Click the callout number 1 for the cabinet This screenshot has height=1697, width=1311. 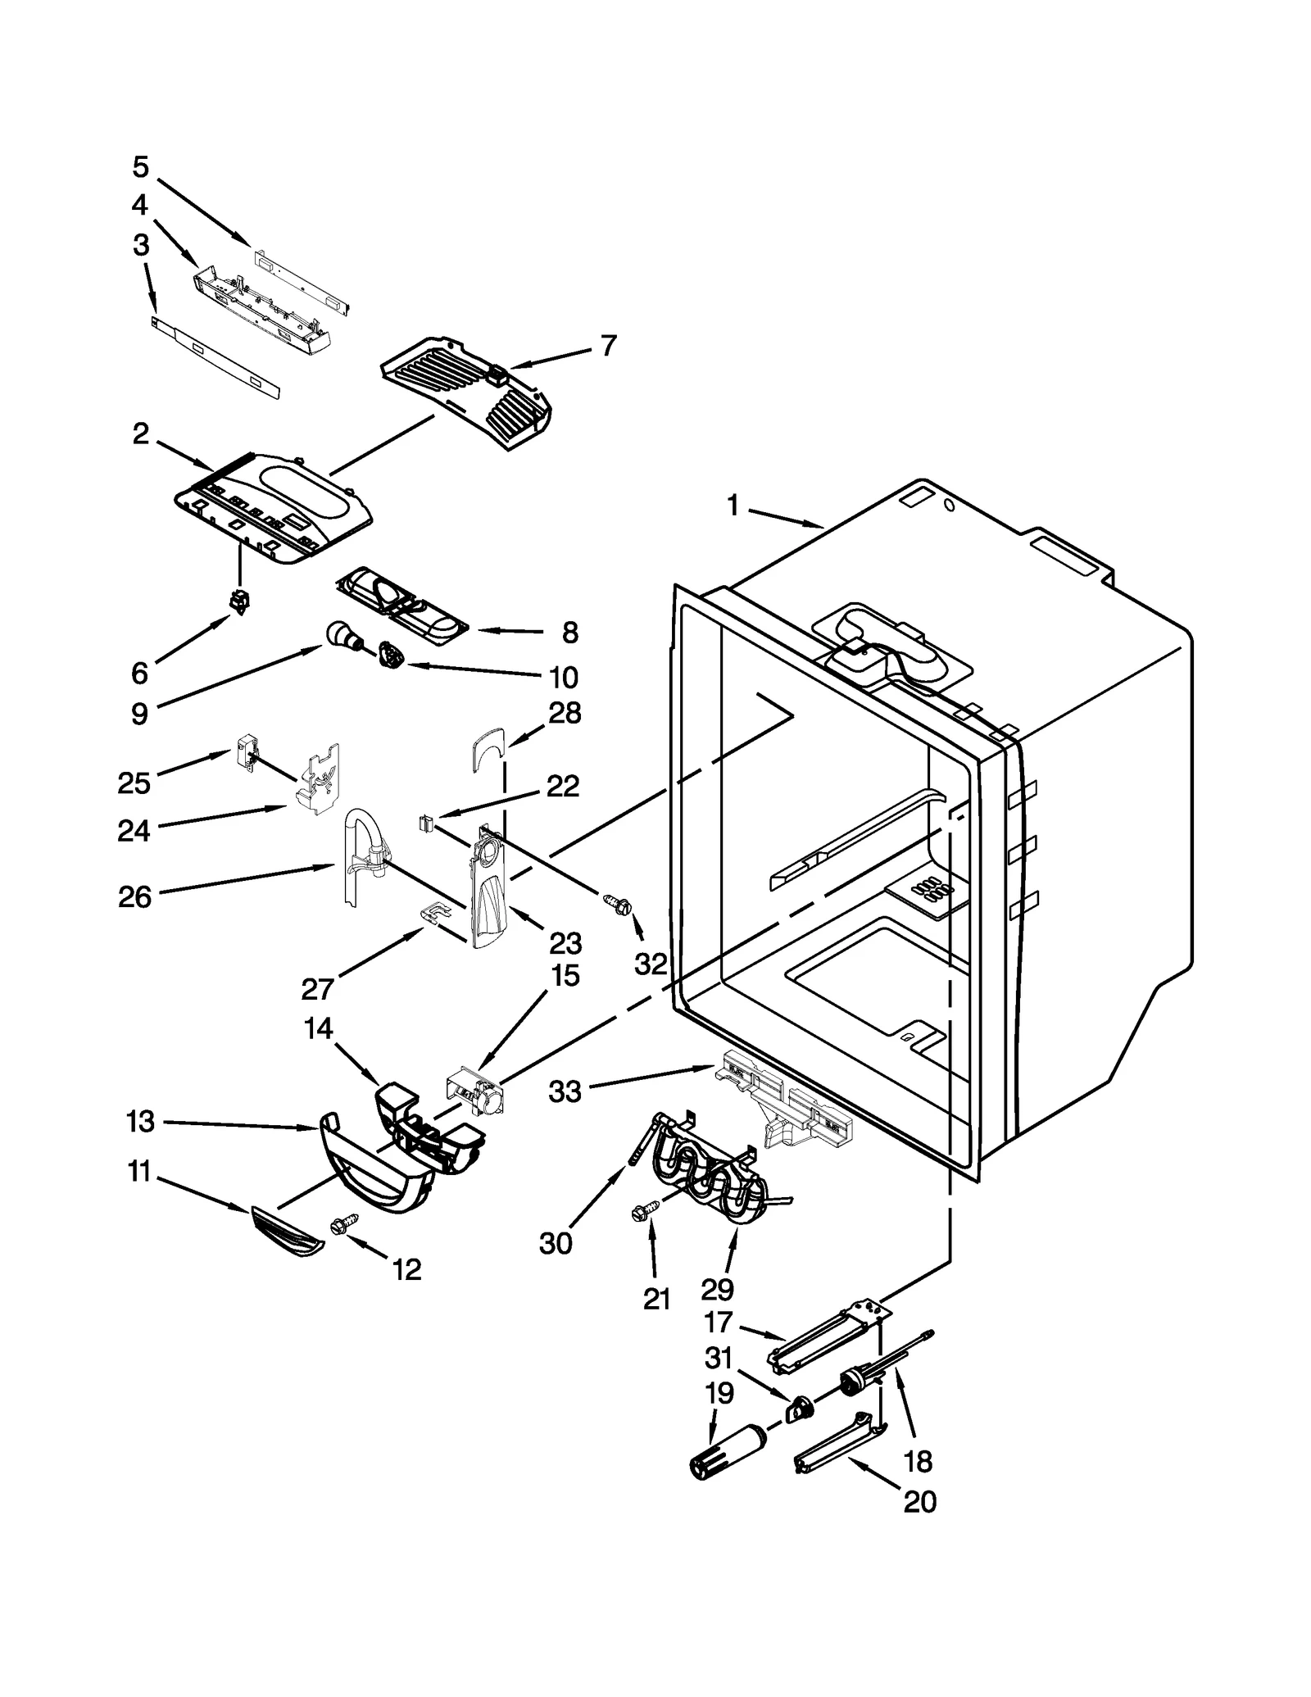733,507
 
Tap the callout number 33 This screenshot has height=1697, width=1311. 565,1091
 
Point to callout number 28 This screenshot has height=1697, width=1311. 565,713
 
